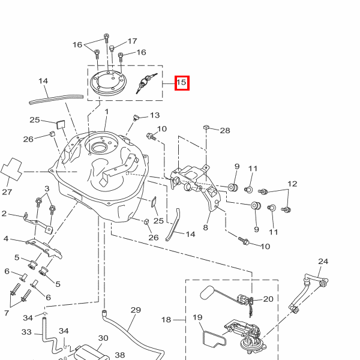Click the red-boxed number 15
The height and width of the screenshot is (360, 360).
182,83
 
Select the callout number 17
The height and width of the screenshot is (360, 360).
132,42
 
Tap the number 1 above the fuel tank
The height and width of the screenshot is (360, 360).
107,112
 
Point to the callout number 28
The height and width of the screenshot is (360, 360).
225,130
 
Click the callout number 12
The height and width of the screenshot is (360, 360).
292,184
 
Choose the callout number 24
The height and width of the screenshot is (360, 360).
323,262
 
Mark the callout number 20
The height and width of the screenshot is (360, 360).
268,299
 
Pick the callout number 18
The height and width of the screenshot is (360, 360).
166,320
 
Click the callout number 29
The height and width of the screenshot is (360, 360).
135,310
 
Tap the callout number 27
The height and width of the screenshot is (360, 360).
7,192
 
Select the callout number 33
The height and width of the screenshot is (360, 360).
26,332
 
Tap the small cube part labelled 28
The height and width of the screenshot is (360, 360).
206,127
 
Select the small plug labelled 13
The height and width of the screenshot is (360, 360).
135,116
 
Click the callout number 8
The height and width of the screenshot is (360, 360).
205,227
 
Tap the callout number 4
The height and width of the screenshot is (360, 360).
6,239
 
